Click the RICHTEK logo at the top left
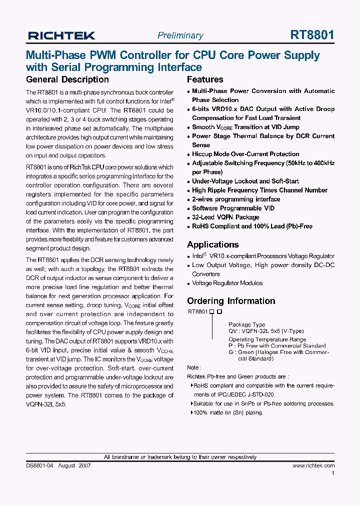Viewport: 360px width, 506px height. click(x=61, y=35)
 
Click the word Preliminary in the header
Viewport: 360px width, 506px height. click(x=180, y=35)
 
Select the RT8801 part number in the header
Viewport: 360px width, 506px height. click(x=312, y=35)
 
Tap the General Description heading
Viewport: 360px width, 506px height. click(x=67, y=79)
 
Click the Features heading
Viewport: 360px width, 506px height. click(x=205, y=79)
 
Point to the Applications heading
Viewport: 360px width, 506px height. click(x=212, y=244)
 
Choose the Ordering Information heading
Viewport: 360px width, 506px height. click(x=231, y=301)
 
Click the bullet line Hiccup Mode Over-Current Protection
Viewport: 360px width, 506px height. click(x=245, y=154)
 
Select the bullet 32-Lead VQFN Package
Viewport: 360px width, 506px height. click(x=225, y=217)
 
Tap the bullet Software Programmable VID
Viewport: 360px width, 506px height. click(x=233, y=208)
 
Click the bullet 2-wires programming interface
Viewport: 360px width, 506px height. click(x=236, y=199)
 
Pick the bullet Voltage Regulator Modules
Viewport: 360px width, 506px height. click(x=227, y=283)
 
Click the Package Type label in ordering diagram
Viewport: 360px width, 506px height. click(x=247, y=324)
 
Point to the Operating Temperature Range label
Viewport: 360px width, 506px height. click(x=267, y=339)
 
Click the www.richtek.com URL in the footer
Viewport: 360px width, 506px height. click(x=313, y=465)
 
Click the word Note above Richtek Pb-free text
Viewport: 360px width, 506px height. click(x=193, y=367)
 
